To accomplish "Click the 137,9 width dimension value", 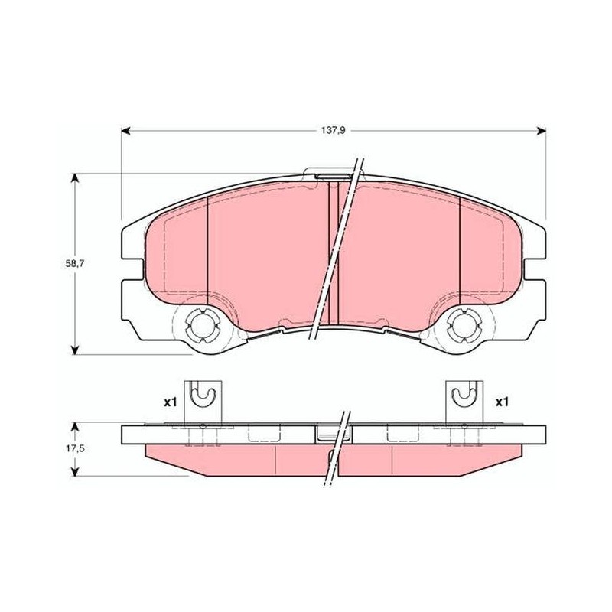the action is click(x=334, y=131).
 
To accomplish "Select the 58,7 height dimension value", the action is click(x=75, y=263).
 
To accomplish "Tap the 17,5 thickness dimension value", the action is click(x=75, y=449).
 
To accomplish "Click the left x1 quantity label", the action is click(x=170, y=402).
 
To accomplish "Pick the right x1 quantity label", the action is click(x=502, y=402).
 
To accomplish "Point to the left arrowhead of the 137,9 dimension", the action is click(x=126, y=131).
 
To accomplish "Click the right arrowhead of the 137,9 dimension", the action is click(x=542, y=131).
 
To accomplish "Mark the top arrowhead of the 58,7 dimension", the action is click(x=75, y=178).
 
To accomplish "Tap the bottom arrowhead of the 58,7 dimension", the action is click(x=75, y=350).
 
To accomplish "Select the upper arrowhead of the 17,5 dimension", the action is click(x=75, y=428).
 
